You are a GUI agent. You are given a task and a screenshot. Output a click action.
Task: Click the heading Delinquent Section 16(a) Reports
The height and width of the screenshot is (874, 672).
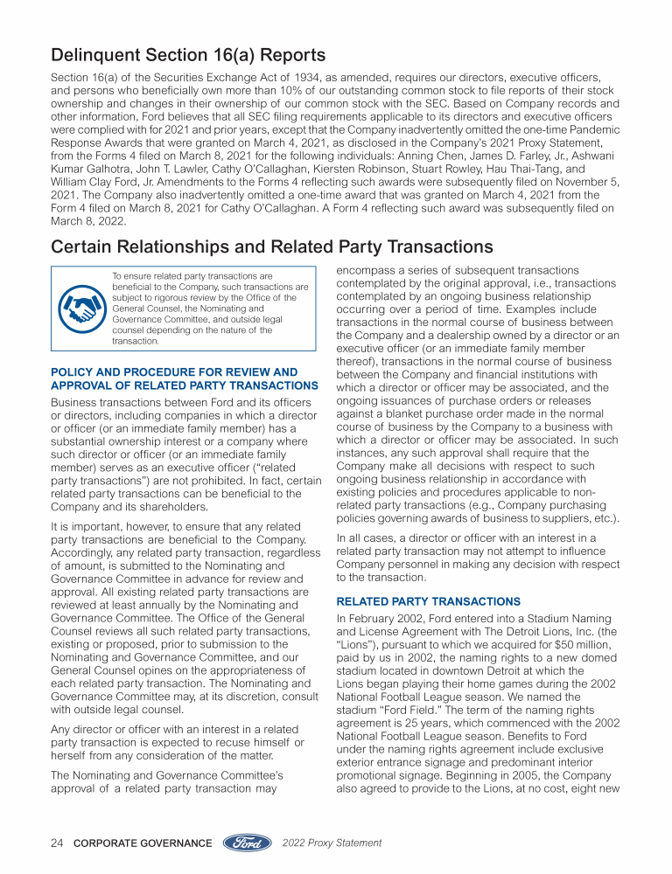[x=188, y=57]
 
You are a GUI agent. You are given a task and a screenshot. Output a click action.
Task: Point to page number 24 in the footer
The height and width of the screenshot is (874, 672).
[x=57, y=843]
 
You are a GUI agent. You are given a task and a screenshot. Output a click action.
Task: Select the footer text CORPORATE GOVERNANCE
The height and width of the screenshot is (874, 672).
[x=143, y=843]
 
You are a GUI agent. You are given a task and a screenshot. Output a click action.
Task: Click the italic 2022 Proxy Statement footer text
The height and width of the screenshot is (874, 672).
[x=332, y=843]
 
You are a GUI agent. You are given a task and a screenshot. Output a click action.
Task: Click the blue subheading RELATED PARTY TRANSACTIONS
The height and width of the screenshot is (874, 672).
[x=428, y=602]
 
